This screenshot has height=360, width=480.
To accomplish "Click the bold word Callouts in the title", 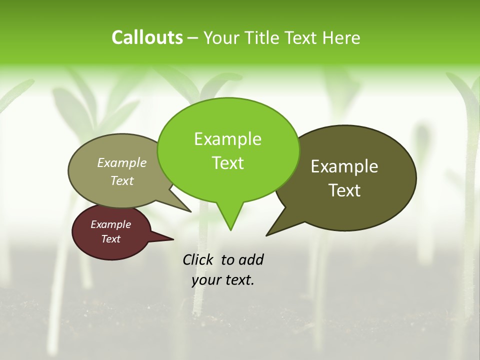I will click(x=147, y=37).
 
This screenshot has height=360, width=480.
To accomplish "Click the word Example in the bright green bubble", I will click(x=227, y=139).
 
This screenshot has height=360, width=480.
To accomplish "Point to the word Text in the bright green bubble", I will click(x=227, y=163).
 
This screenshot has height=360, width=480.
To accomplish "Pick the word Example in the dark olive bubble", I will click(x=344, y=166).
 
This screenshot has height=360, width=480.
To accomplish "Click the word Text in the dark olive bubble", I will click(x=344, y=190).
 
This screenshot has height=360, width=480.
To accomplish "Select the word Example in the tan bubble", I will click(x=122, y=162).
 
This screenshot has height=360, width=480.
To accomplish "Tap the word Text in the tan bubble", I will click(x=122, y=180).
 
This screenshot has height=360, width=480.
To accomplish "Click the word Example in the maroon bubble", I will click(x=110, y=224).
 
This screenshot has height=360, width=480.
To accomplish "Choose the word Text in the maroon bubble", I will click(x=110, y=239).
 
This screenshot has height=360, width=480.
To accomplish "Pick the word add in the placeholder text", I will click(x=251, y=259).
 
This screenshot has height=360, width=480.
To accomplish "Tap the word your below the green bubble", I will click(x=205, y=280).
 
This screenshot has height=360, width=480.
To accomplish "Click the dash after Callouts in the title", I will click(x=193, y=37).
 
